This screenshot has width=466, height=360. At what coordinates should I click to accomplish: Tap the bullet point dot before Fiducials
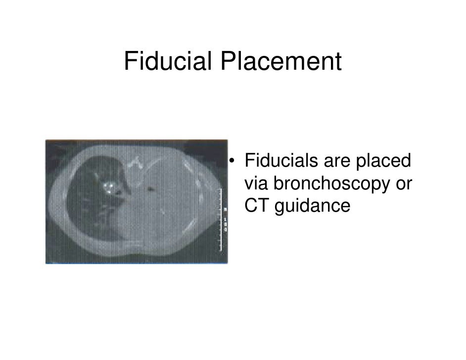pos(231,162)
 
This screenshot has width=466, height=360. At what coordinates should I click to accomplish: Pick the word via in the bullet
pos(256,184)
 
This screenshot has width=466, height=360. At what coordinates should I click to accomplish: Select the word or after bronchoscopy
pos(402,184)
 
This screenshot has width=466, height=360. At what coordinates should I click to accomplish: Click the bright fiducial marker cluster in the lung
pos(110,187)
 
